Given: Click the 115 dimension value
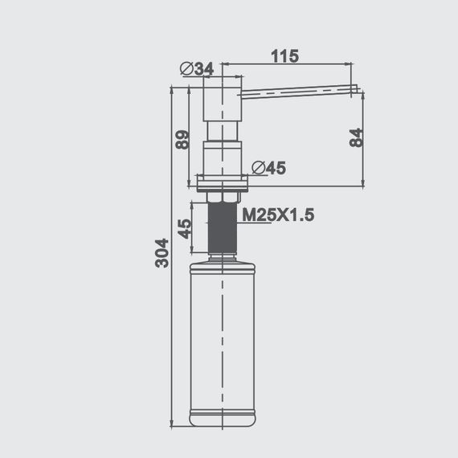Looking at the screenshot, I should (284, 56).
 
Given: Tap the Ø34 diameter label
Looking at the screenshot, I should (198, 69).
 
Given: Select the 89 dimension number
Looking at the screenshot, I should (182, 138).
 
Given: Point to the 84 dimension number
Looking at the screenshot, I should (357, 137).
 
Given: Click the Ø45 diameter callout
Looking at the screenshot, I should (268, 168).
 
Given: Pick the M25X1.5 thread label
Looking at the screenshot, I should (277, 215).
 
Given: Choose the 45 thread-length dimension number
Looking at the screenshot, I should (184, 229).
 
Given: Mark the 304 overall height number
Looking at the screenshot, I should (162, 252).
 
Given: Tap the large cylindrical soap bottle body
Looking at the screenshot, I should (223, 337).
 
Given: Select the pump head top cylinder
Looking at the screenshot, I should (223, 98).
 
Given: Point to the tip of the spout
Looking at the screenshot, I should (354, 88).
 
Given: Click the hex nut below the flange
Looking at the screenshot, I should (223, 197).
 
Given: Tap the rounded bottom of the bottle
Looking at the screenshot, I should (223, 419).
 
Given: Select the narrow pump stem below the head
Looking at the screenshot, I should (223, 130).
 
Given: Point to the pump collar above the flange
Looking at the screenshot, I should (223, 157).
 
